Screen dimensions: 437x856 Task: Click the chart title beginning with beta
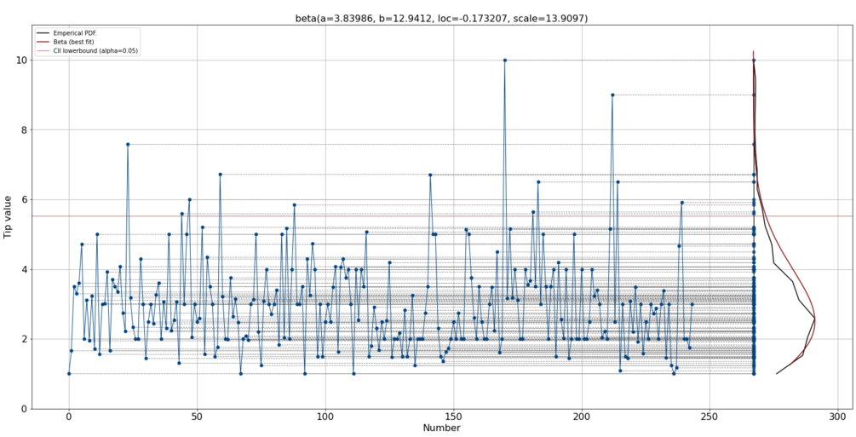pyautogui.click(x=441, y=18)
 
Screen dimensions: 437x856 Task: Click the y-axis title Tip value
pyautogui.click(x=9, y=216)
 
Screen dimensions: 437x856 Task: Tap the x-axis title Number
pyautogui.click(x=441, y=428)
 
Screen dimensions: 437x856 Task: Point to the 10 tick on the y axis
pyautogui.click(x=20, y=60)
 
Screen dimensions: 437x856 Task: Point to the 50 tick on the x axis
pyautogui.click(x=197, y=417)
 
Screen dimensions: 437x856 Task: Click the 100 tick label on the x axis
pyautogui.click(x=325, y=417)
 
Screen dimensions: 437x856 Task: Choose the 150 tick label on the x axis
pyautogui.click(x=453, y=417)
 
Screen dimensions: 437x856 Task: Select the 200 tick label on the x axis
pyautogui.click(x=582, y=417)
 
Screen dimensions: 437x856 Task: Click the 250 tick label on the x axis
pyautogui.click(x=710, y=417)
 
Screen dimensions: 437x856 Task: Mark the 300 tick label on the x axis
pyautogui.click(x=838, y=417)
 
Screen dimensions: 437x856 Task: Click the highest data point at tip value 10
pyautogui.click(x=504, y=60)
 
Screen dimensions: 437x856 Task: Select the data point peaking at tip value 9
pyautogui.click(x=612, y=95)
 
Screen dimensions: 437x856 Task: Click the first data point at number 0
pyautogui.click(x=69, y=374)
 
